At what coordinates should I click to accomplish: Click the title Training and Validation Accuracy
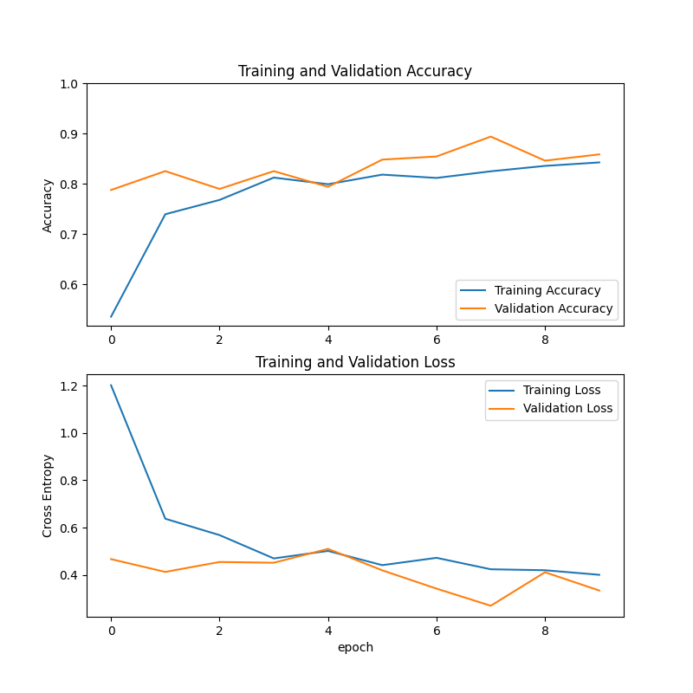[355, 71]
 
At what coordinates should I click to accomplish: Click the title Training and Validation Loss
[355, 362]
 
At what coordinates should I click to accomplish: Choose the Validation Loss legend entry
[567, 408]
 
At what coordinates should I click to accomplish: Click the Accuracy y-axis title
[49, 205]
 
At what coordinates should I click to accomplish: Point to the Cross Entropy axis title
[49, 495]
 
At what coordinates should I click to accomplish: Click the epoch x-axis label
[355, 647]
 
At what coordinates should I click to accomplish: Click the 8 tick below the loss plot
[545, 631]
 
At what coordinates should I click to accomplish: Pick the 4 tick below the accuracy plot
[328, 340]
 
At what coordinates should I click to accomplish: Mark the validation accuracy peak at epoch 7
[490, 136]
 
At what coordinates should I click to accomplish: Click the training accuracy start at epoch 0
[111, 317]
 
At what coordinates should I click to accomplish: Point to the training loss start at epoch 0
[111, 385]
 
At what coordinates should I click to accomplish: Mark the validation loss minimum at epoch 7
[490, 606]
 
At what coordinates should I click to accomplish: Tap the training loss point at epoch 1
[165, 519]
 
